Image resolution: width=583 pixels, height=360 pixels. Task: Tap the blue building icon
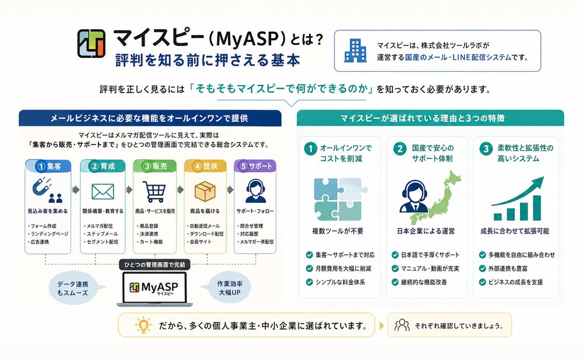(355, 51)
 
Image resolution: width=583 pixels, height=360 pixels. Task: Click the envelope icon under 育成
(103, 192)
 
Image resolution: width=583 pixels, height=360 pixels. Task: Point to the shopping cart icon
(154, 191)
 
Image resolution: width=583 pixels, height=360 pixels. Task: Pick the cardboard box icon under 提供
(205, 191)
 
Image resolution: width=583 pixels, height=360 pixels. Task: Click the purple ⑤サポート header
(254, 166)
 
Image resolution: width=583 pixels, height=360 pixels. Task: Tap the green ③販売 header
(154, 166)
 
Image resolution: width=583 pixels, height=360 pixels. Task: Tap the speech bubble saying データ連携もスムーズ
(70, 288)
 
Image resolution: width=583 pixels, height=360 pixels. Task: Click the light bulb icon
(141, 325)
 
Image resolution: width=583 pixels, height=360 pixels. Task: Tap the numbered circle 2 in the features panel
(399, 148)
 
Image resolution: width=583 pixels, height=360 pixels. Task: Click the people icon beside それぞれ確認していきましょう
(402, 325)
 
